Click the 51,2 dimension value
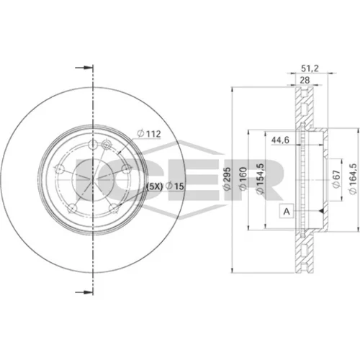[310, 68]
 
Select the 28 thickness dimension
[305, 80]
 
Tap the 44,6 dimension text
[280, 140]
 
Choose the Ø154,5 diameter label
[260, 178]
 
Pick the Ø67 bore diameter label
[336, 179]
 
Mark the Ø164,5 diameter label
[353, 179]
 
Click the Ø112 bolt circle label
[148, 134]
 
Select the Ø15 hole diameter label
[174, 186]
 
